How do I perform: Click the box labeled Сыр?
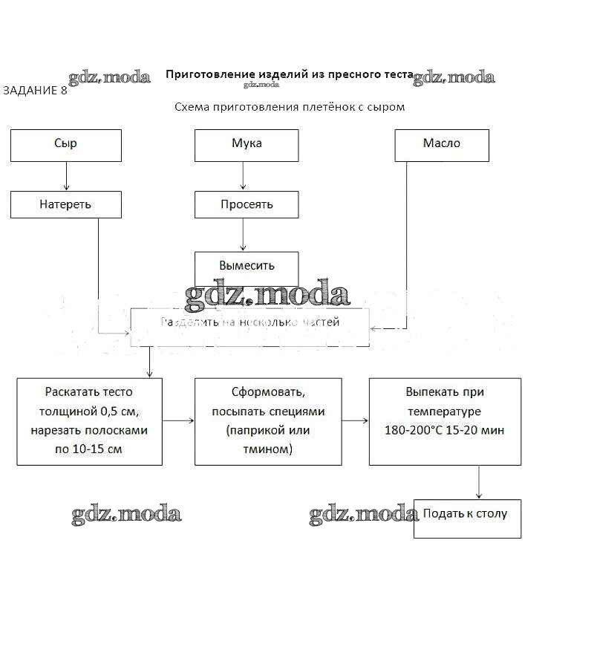click(x=65, y=145)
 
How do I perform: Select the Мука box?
click(x=247, y=145)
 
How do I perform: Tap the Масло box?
click(x=441, y=145)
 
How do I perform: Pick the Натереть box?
click(x=65, y=204)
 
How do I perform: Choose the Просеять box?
click(x=247, y=204)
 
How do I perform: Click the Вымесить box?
click(x=247, y=266)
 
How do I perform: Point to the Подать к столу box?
click(x=467, y=518)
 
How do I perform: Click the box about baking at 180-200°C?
click(x=444, y=421)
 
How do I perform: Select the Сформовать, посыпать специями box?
click(x=268, y=421)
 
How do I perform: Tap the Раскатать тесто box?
click(x=89, y=421)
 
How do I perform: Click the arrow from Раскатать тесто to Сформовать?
click(x=178, y=420)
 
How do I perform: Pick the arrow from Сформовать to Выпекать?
click(x=355, y=420)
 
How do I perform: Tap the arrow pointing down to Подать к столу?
click(x=479, y=482)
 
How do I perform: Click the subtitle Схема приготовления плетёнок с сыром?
click(x=289, y=107)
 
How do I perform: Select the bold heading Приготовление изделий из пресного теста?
click(x=288, y=74)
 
